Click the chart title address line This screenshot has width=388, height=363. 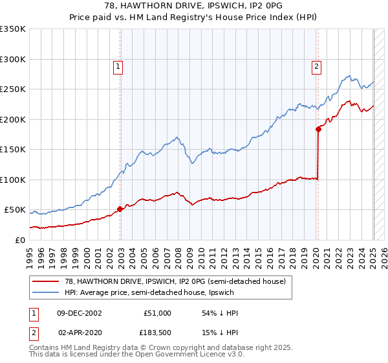(x=194, y=6)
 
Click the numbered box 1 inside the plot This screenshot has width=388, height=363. (x=119, y=65)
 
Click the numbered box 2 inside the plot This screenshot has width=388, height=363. (x=317, y=65)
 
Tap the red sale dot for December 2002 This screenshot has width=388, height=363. (x=120, y=209)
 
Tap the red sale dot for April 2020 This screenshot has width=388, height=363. (x=318, y=129)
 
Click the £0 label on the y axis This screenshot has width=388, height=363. (x=20, y=240)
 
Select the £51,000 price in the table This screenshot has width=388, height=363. (x=156, y=313)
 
